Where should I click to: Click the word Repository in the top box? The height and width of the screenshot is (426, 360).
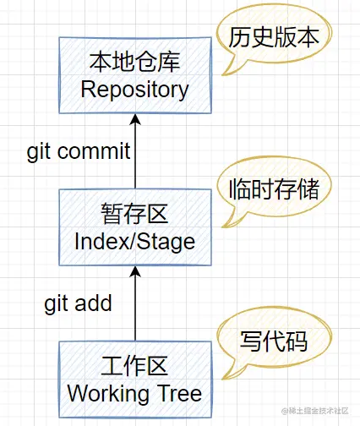point(134,89)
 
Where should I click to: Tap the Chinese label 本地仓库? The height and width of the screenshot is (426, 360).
point(134,62)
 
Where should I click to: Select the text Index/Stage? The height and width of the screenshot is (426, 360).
point(134,241)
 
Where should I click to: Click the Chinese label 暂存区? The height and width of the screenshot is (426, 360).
point(134,215)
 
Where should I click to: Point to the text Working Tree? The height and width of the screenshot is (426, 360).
point(134,393)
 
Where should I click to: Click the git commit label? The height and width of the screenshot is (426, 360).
point(79,151)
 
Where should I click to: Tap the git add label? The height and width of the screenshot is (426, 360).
point(78,303)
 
